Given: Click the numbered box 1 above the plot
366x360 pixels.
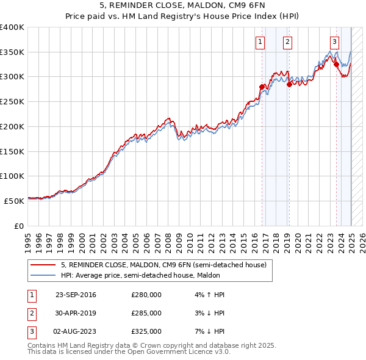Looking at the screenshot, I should [x=260, y=42].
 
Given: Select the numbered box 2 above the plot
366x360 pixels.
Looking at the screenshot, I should [x=287, y=42].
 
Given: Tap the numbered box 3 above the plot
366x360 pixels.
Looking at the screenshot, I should [x=335, y=42].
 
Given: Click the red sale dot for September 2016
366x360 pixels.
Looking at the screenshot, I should [x=262, y=87].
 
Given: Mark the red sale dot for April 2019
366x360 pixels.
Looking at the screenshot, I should [x=289, y=84].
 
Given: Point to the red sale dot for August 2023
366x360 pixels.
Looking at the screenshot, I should [x=336, y=64].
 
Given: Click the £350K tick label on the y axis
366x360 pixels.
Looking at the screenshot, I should [x=12, y=52].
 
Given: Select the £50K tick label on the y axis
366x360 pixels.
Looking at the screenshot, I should [x=14, y=201].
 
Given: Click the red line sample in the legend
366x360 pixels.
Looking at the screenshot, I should [x=43, y=265].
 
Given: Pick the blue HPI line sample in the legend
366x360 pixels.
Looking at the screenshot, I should [x=43, y=275].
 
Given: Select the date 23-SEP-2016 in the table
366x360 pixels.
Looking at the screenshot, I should [x=76, y=295].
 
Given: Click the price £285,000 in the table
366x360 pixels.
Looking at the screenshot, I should [x=146, y=313].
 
